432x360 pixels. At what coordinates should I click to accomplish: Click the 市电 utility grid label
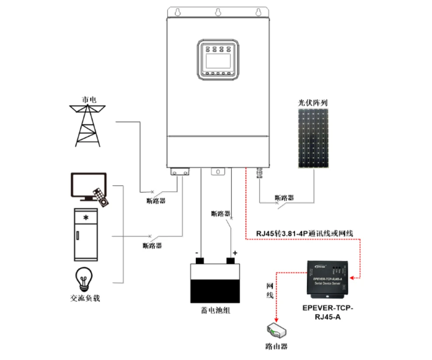(89, 100)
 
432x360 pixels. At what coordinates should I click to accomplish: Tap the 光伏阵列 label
(313, 103)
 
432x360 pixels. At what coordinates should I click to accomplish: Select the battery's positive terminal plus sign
(235, 253)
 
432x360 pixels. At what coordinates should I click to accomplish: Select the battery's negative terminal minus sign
(197, 253)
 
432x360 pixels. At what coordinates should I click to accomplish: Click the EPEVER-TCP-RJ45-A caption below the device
(327, 312)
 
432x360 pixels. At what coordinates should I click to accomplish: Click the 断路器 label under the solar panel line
(284, 198)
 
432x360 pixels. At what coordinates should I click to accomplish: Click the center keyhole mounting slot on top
(217, 12)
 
